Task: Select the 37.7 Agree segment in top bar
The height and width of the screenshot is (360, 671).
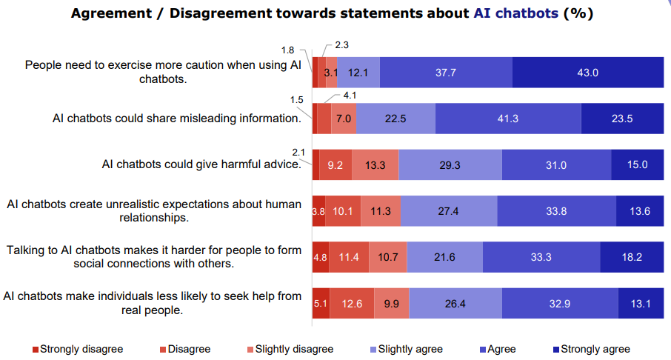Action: [446, 73]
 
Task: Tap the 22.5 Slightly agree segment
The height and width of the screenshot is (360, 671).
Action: [396, 119]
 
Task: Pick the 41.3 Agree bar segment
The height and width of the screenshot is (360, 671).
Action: [508, 119]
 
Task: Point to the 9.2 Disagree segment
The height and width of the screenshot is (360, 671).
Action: [335, 164]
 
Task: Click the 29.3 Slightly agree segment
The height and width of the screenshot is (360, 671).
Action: [450, 164]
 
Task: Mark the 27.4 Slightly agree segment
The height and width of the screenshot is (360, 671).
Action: [449, 211]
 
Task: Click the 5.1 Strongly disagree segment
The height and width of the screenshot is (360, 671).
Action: [321, 303]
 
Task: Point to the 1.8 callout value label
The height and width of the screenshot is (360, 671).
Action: [288, 50]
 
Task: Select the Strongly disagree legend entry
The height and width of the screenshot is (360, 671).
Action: [77, 349]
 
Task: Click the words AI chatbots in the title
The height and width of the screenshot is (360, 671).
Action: [515, 13]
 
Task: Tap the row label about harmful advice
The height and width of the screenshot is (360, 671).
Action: [201, 164]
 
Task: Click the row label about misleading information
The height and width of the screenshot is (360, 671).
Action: [176, 119]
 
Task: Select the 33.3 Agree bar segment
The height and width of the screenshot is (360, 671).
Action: [541, 257]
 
